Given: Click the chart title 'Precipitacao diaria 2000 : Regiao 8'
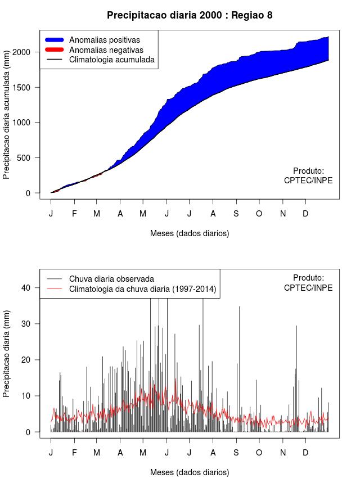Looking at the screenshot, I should (x=190, y=15).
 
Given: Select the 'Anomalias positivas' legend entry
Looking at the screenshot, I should (x=104, y=40).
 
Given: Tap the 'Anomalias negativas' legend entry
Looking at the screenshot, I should (x=106, y=49).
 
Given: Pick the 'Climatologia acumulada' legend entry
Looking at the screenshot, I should (x=111, y=59).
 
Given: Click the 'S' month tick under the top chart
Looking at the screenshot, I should (x=236, y=214).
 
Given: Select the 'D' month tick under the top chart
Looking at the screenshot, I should (x=305, y=214).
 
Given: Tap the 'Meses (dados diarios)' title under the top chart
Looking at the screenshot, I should (x=190, y=233).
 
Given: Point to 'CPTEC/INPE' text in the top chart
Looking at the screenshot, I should (x=308, y=181).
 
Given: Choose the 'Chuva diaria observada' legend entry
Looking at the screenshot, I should (x=111, y=278).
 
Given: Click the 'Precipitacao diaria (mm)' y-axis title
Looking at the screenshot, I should (x=7, y=359).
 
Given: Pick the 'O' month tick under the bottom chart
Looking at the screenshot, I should (x=259, y=453).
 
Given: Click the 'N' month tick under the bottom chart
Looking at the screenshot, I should (x=283, y=453).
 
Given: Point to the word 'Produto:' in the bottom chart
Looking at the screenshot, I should (x=309, y=278).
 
